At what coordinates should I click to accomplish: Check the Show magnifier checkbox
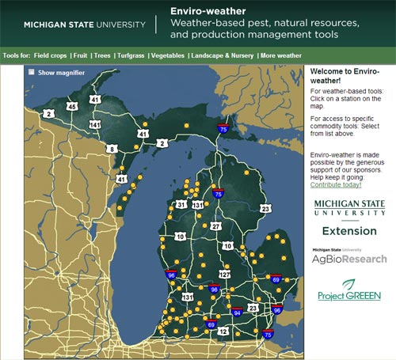coord(32,73)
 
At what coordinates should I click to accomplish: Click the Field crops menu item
coord(50,56)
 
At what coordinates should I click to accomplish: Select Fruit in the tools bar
coord(81,56)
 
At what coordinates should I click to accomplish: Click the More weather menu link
coord(281,56)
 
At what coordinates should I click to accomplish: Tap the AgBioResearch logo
coord(349,258)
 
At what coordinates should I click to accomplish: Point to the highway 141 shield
coord(95,125)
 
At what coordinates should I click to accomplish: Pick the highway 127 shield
coord(224,274)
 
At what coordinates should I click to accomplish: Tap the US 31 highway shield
coord(181,205)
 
